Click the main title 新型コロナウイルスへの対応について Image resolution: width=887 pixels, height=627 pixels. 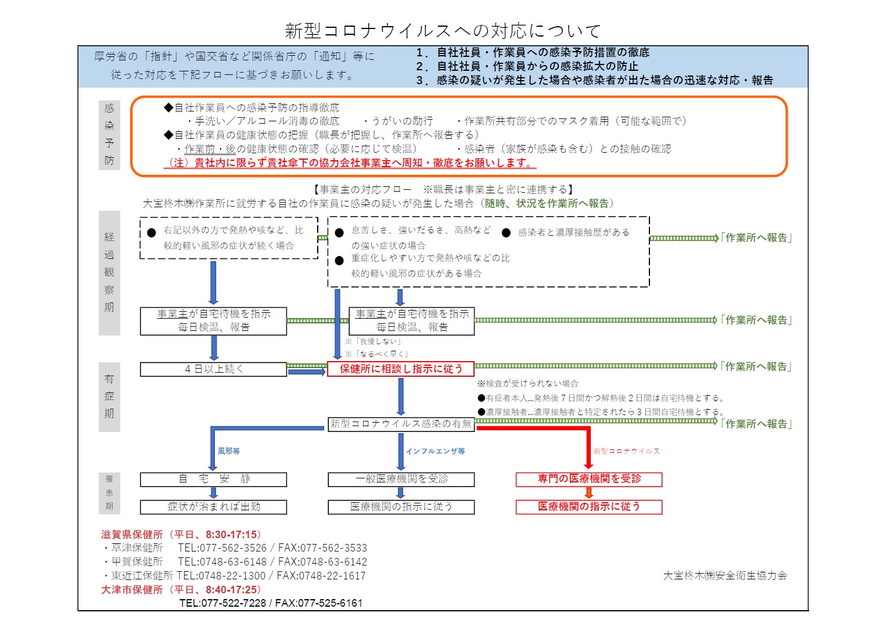[x=443, y=31]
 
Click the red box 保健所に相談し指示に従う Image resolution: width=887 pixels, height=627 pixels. [x=401, y=369]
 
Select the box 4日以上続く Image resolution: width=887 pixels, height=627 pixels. [x=213, y=369]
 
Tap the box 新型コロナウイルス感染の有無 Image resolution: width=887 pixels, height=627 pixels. [x=401, y=424]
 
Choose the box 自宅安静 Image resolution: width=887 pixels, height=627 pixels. [x=213, y=480]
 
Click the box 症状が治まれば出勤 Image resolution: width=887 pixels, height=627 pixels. [x=213, y=507]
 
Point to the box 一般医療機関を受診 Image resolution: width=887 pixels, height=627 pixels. [x=401, y=480]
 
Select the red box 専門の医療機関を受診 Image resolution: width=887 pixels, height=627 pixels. [x=589, y=480]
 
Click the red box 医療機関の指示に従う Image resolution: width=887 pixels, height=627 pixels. [x=589, y=507]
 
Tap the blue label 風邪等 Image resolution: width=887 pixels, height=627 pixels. [x=228, y=451]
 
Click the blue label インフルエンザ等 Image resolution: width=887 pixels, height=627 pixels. [x=435, y=451]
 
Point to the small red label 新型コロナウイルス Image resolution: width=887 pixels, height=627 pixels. [x=626, y=451]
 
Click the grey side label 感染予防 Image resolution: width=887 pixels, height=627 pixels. [x=109, y=135]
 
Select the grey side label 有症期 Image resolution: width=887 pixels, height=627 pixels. [x=109, y=397]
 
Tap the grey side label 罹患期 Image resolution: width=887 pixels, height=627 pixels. [x=109, y=493]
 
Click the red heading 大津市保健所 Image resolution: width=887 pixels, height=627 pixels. [x=132, y=590]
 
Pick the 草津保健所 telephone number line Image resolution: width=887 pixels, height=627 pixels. [x=235, y=548]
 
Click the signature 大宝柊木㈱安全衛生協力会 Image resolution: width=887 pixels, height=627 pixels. [x=725, y=575]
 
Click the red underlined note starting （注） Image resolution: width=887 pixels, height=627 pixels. [x=350, y=163]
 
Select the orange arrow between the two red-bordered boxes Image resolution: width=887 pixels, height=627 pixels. [x=589, y=493]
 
